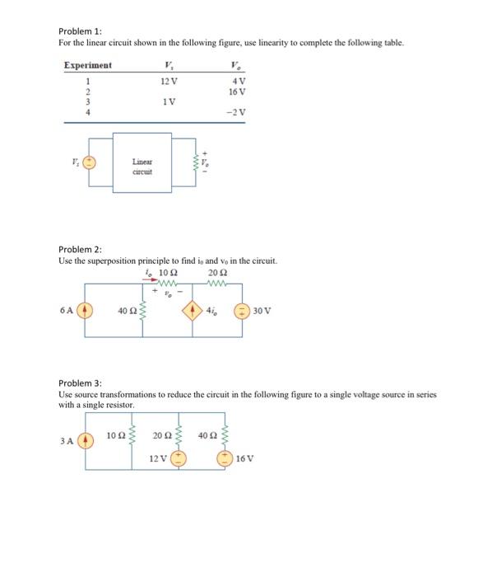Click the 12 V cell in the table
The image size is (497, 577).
pyautogui.click(x=167, y=81)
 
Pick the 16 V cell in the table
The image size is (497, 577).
pyautogui.click(x=238, y=91)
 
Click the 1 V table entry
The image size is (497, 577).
pyautogui.click(x=168, y=102)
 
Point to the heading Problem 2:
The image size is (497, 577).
pyautogui.click(x=79, y=249)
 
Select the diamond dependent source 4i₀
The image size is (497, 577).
pyautogui.click(x=193, y=312)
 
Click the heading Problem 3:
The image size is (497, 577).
pyautogui.click(x=79, y=383)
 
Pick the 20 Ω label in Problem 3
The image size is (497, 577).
pyautogui.click(x=162, y=434)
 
